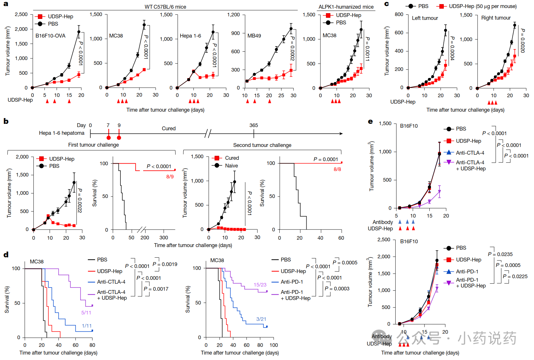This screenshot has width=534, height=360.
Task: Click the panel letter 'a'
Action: click(6, 4)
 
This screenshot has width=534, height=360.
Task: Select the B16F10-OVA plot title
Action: click(50, 36)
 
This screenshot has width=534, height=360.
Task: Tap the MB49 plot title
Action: click(254, 36)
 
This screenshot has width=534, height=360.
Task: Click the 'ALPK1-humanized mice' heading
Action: click(346, 7)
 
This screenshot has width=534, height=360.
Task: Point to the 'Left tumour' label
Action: click(425, 18)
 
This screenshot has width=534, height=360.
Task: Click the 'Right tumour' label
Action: click(496, 18)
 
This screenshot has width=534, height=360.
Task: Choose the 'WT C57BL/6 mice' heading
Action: click(165, 7)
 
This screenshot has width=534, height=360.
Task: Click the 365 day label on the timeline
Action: click(254, 125)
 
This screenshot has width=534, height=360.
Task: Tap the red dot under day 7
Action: click(109, 138)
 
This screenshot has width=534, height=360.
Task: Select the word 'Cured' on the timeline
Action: click(169, 128)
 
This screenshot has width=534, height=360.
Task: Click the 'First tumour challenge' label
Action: click(93, 145)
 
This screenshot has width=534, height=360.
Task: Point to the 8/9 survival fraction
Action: click(170, 176)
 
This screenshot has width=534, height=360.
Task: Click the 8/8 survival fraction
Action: click(337, 169)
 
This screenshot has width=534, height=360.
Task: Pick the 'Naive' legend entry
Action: click(232, 166)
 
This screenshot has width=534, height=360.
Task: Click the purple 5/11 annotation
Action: click(86, 313)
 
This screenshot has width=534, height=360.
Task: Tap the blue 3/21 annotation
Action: click(261, 319)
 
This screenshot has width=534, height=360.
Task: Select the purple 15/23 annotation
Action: click(260, 285)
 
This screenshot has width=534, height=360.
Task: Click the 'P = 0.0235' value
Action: click(500, 254)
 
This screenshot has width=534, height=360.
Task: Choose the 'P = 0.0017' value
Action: click(156, 289)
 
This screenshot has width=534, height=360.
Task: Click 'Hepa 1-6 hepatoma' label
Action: click(62, 133)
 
